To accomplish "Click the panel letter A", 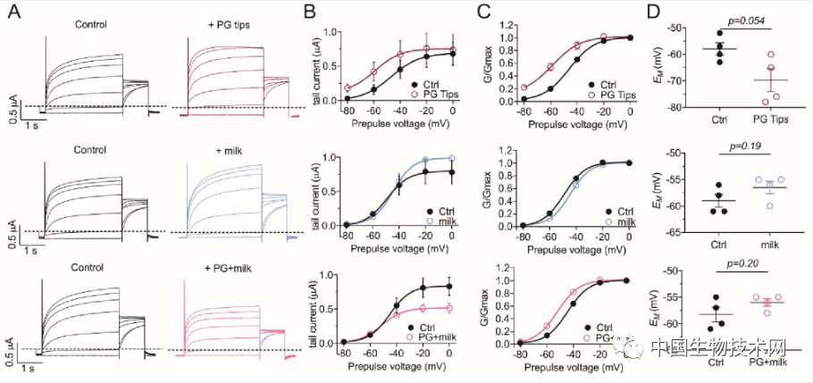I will pos(14,12).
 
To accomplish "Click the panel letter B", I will pos(308,12).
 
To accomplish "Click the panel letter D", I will pos(654,12).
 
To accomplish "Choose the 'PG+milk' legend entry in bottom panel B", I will pos(431,338).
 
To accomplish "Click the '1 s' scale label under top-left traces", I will pos(33,125).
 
